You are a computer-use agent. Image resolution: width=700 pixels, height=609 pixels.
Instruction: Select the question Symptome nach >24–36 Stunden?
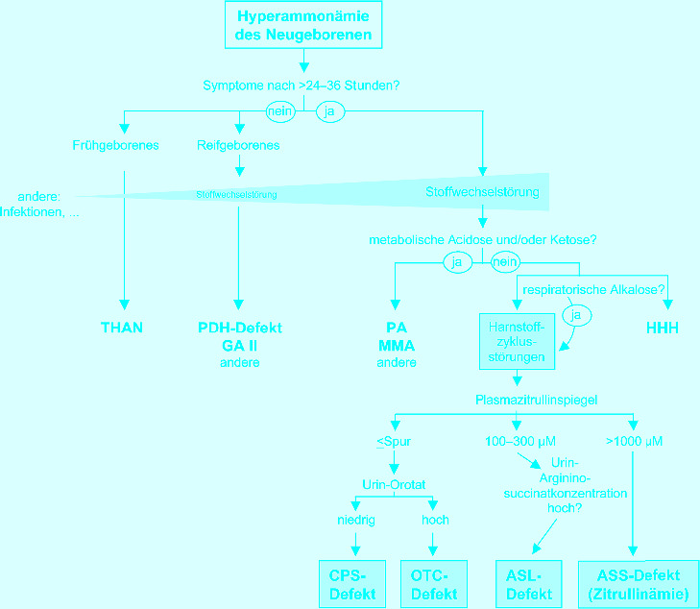(x=302, y=85)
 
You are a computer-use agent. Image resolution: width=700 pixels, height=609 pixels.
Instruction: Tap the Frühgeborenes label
(x=115, y=146)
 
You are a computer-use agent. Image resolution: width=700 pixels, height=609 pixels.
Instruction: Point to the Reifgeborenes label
(x=238, y=146)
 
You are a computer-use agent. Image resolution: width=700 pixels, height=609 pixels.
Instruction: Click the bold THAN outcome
(x=122, y=328)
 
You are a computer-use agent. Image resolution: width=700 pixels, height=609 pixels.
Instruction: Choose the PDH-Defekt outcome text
(x=239, y=328)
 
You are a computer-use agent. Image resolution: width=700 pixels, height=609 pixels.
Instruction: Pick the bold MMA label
(x=396, y=346)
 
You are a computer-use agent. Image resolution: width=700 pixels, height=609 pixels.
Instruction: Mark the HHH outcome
(x=662, y=328)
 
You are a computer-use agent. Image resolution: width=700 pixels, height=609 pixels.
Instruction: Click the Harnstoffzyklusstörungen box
(x=518, y=340)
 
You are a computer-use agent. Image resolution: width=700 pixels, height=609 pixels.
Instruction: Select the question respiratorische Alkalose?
(x=593, y=288)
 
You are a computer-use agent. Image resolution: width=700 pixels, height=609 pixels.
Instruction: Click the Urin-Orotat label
(x=394, y=484)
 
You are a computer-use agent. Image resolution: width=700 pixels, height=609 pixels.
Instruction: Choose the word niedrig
(x=355, y=520)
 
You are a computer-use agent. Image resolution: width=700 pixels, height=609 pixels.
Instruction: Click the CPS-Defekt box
(x=351, y=584)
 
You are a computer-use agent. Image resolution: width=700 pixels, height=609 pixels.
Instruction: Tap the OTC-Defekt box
(x=434, y=584)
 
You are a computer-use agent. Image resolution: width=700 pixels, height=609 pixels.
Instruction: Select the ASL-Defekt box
(x=528, y=584)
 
